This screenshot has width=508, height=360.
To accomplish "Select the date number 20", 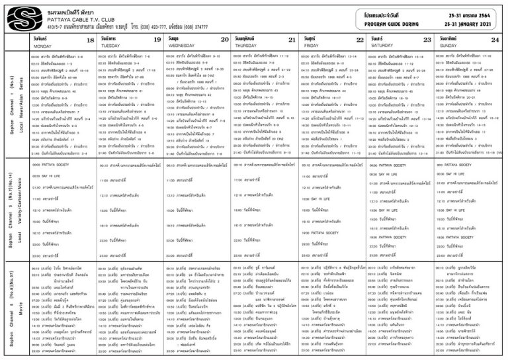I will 224,42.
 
